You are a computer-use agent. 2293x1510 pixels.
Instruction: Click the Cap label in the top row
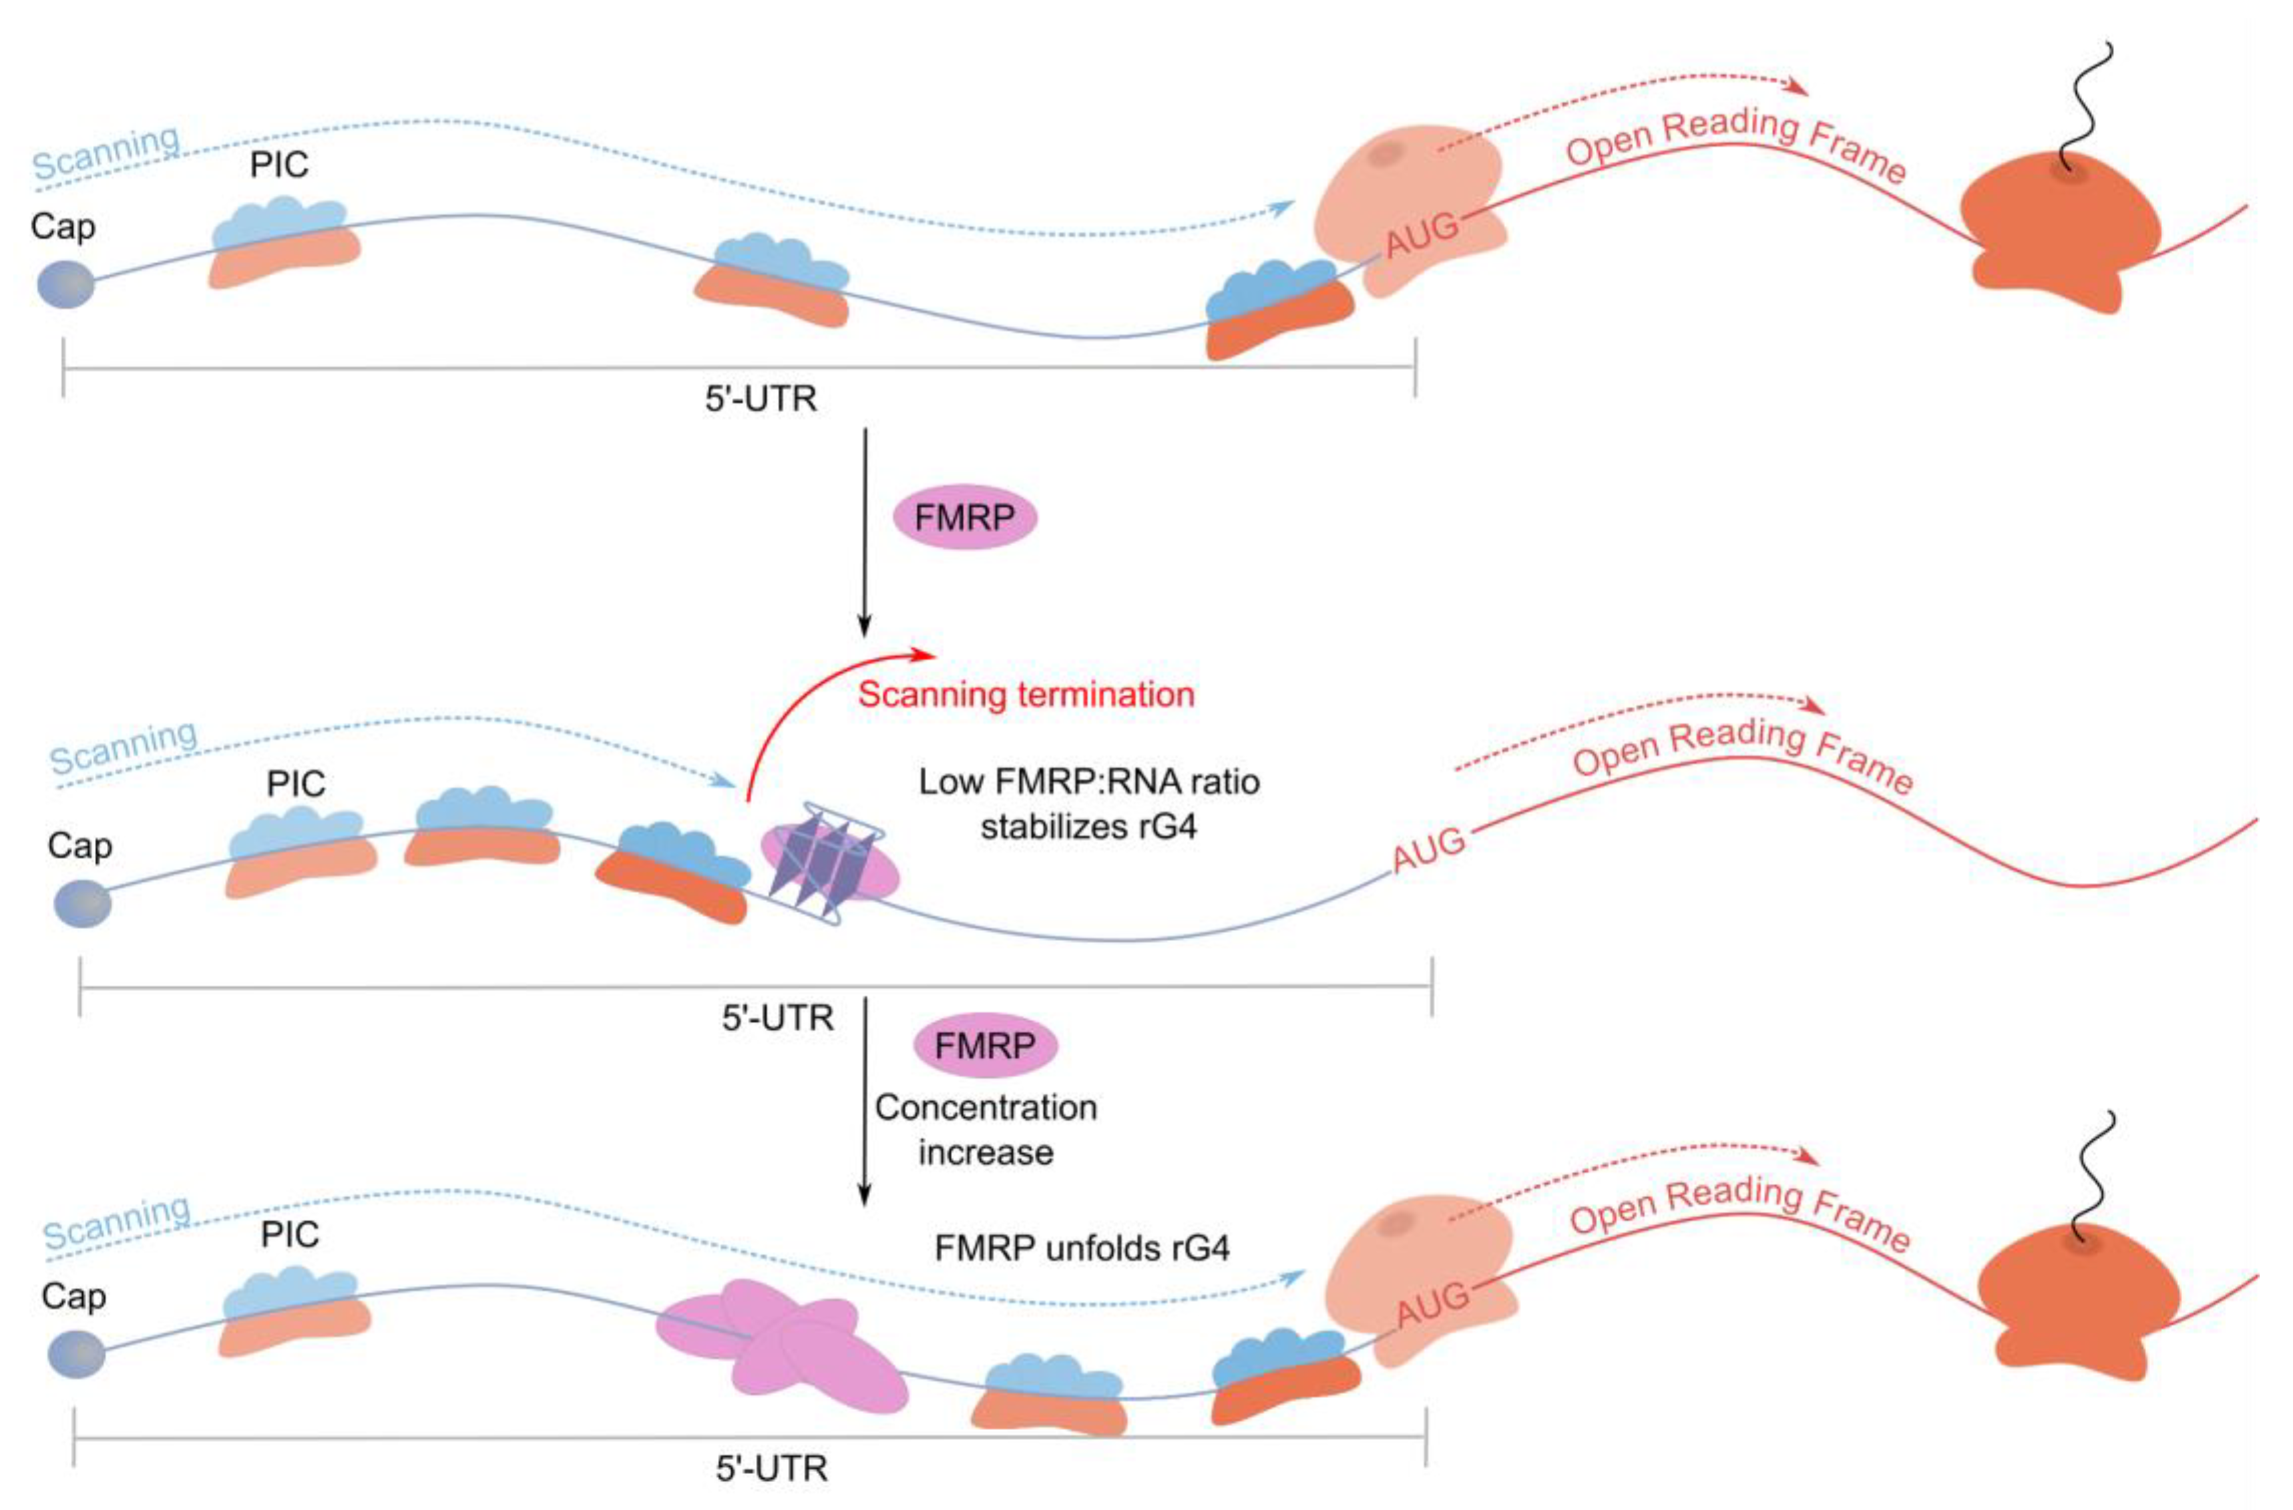pyautogui.click(x=63, y=228)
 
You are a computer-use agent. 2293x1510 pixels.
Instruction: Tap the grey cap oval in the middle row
pyautogui.click(x=83, y=905)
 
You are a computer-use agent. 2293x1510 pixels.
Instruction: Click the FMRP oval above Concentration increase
pyautogui.click(x=985, y=1046)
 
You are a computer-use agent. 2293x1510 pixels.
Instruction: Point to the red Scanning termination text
pyautogui.click(x=1026, y=695)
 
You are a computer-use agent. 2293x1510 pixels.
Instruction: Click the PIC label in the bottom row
pyautogui.click(x=290, y=1234)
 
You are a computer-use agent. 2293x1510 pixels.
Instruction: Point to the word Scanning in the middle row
pyautogui.click(x=124, y=747)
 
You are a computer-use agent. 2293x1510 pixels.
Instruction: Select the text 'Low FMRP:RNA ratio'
pyautogui.click(x=1088, y=782)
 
